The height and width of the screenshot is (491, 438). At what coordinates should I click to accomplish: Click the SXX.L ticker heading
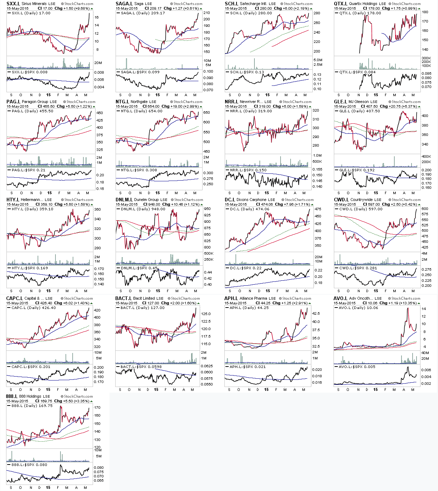click(13, 4)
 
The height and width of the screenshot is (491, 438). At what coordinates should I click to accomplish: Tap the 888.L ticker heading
click(12, 396)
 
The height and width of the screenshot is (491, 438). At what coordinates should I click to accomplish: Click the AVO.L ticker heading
click(340, 298)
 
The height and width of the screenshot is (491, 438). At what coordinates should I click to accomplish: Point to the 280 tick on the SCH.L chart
click(316, 13)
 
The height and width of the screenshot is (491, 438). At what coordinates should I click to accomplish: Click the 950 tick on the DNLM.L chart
click(207, 209)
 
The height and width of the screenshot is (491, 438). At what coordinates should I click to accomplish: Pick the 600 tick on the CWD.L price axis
click(425, 209)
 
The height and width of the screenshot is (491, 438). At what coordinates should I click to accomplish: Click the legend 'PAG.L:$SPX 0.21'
click(29, 170)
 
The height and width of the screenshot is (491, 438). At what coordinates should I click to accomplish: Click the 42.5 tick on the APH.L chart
click(316, 314)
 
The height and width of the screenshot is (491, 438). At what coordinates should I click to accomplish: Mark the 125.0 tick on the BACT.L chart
click(206, 314)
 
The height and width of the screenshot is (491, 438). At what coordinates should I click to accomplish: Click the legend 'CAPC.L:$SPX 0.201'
click(31, 367)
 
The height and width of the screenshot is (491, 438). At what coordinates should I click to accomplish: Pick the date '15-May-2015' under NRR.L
click(236, 106)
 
